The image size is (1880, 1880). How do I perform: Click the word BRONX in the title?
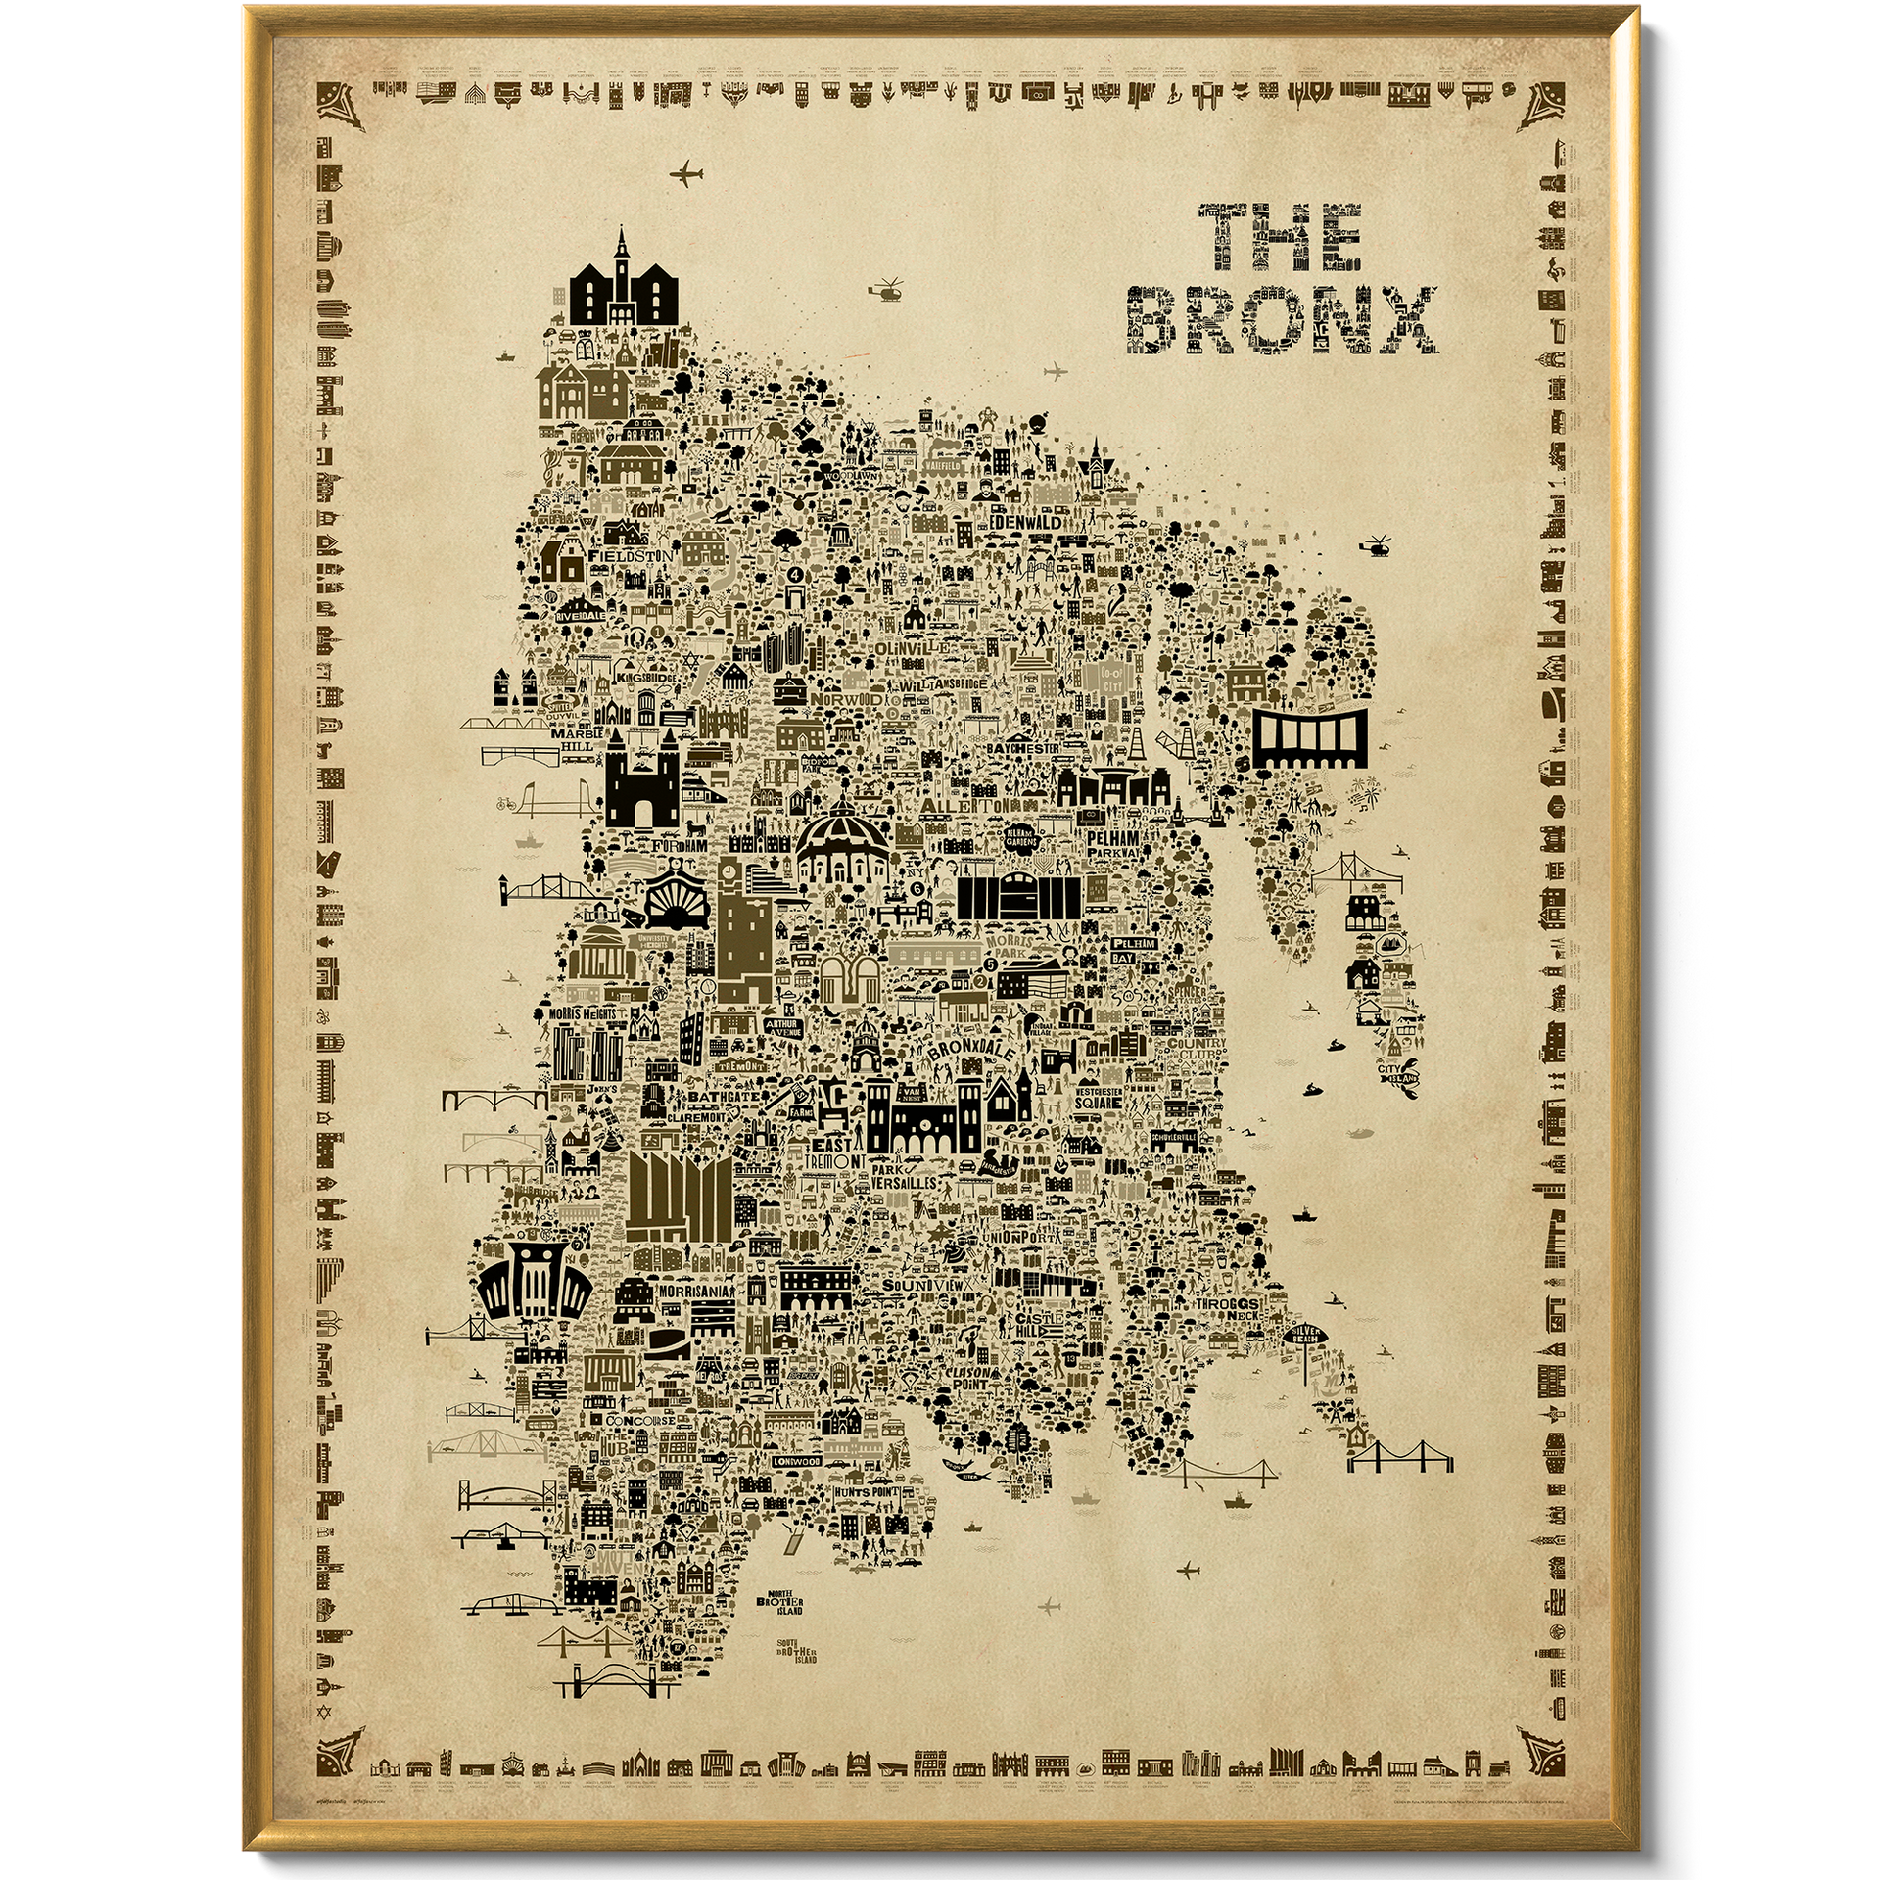point(1283,319)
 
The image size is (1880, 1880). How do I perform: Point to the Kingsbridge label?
point(653,676)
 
